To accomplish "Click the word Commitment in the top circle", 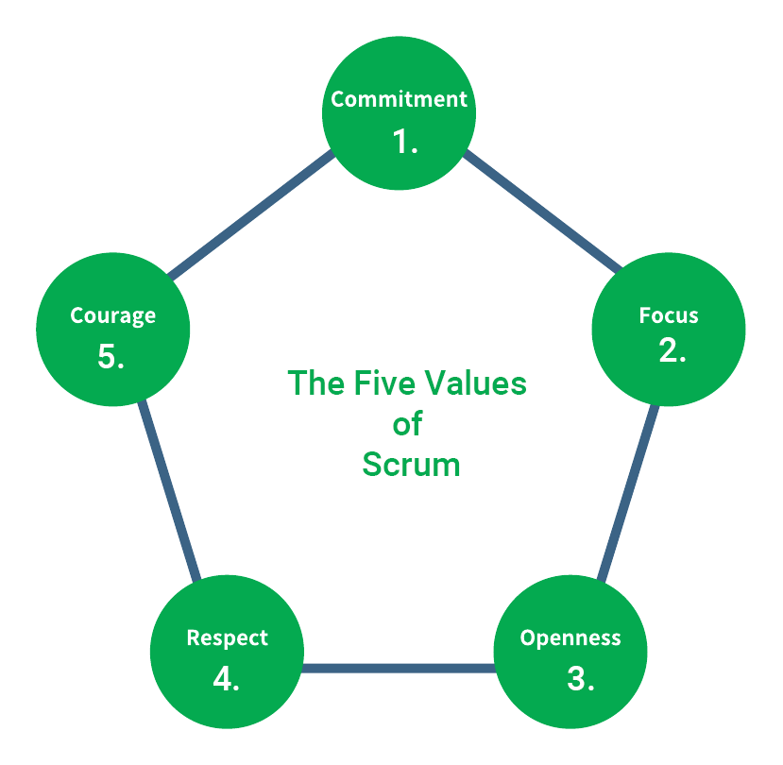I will [x=399, y=99].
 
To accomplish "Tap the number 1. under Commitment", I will [x=405, y=142].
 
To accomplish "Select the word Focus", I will [x=669, y=314].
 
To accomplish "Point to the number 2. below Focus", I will [x=672, y=350].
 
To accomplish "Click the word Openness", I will [x=570, y=637].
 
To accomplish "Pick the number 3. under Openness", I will [x=581, y=679].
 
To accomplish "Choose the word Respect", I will [x=228, y=637].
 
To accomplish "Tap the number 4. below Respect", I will [x=226, y=679].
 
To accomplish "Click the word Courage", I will [x=113, y=315].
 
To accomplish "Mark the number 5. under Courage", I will [x=111, y=356].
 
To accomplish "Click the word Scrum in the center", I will [x=411, y=465].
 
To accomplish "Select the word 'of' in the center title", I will [x=407, y=424].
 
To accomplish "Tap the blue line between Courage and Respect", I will [x=171, y=491].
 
